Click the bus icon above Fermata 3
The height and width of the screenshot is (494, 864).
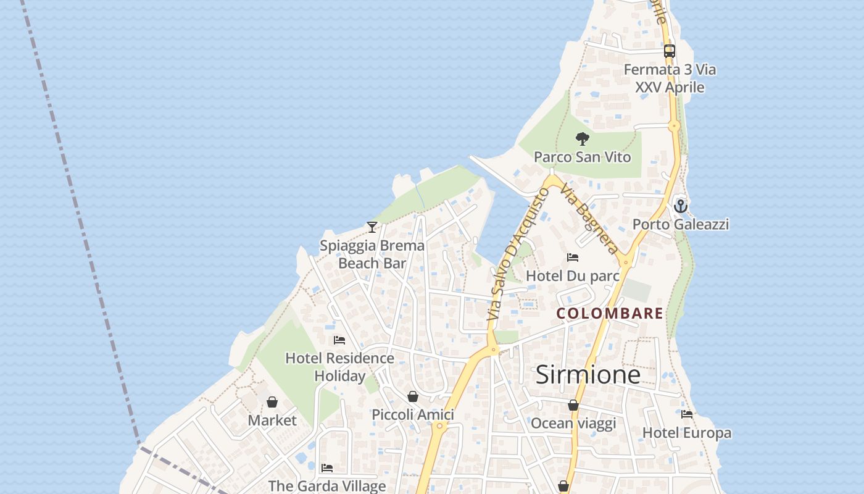click(x=670, y=51)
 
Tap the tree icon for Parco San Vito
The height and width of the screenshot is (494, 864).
click(x=582, y=139)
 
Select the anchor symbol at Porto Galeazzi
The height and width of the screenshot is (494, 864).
click(x=681, y=206)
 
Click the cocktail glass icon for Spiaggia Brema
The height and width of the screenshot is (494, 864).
click(x=372, y=227)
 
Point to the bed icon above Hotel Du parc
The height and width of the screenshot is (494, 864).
click(x=573, y=257)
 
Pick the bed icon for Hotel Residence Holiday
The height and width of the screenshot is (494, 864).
click(x=339, y=340)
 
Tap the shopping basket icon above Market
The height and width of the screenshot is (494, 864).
click(x=272, y=402)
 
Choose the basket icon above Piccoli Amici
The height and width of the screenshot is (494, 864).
click(x=413, y=396)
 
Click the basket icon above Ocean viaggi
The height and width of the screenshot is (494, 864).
click(x=573, y=405)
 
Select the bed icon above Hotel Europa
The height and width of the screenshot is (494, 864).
click(x=687, y=414)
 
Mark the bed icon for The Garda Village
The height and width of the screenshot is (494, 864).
click(x=327, y=468)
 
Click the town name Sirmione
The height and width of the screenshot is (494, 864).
click(x=588, y=375)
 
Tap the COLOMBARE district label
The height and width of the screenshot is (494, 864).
click(x=610, y=314)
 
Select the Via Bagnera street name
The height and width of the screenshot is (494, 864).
click(x=589, y=219)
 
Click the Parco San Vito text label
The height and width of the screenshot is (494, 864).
click(x=582, y=157)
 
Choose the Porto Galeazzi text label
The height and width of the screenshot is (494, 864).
click(x=681, y=224)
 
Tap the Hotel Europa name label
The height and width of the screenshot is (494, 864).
click(x=687, y=433)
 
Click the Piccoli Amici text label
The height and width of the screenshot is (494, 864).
click(x=413, y=415)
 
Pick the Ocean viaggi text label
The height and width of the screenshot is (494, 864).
click(x=573, y=424)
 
